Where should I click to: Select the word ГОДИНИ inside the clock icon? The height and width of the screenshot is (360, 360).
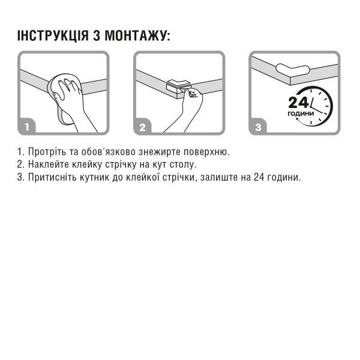click(300, 113)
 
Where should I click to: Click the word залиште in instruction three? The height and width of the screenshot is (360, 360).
click(217, 178)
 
